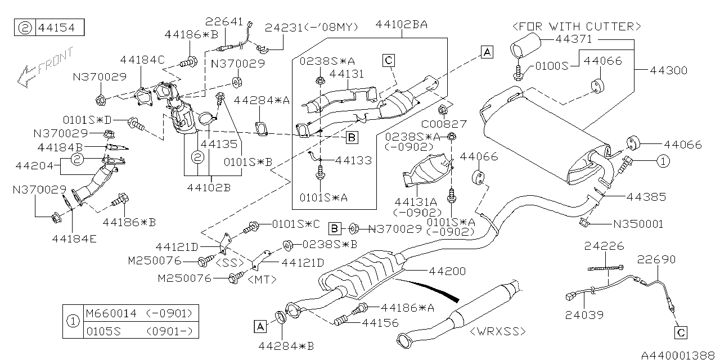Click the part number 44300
pyautogui.click(x=669, y=71)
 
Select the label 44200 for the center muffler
pyautogui.click(x=447, y=271)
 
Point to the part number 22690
pyautogui.click(x=656, y=259)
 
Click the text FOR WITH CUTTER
pyautogui.click(x=576, y=26)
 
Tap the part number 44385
pyautogui.click(x=646, y=197)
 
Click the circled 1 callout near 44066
pyautogui.click(x=663, y=161)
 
